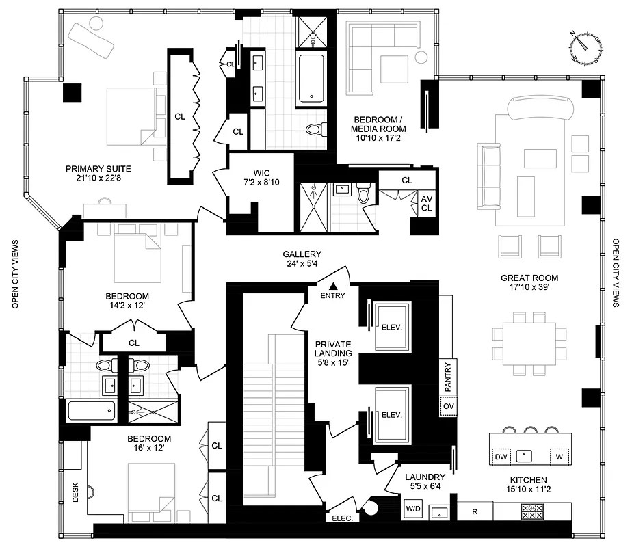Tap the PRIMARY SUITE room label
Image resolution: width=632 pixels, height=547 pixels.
point(98,174)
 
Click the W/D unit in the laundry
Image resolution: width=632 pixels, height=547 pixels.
point(413,509)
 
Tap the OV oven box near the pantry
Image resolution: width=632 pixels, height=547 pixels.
point(448,405)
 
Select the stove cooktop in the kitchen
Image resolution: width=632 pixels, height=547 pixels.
point(532,510)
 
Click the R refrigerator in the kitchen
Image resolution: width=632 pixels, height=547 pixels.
point(475,510)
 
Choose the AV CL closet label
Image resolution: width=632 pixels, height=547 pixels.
point(427,204)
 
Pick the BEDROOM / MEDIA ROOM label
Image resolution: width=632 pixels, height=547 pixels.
point(378,124)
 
